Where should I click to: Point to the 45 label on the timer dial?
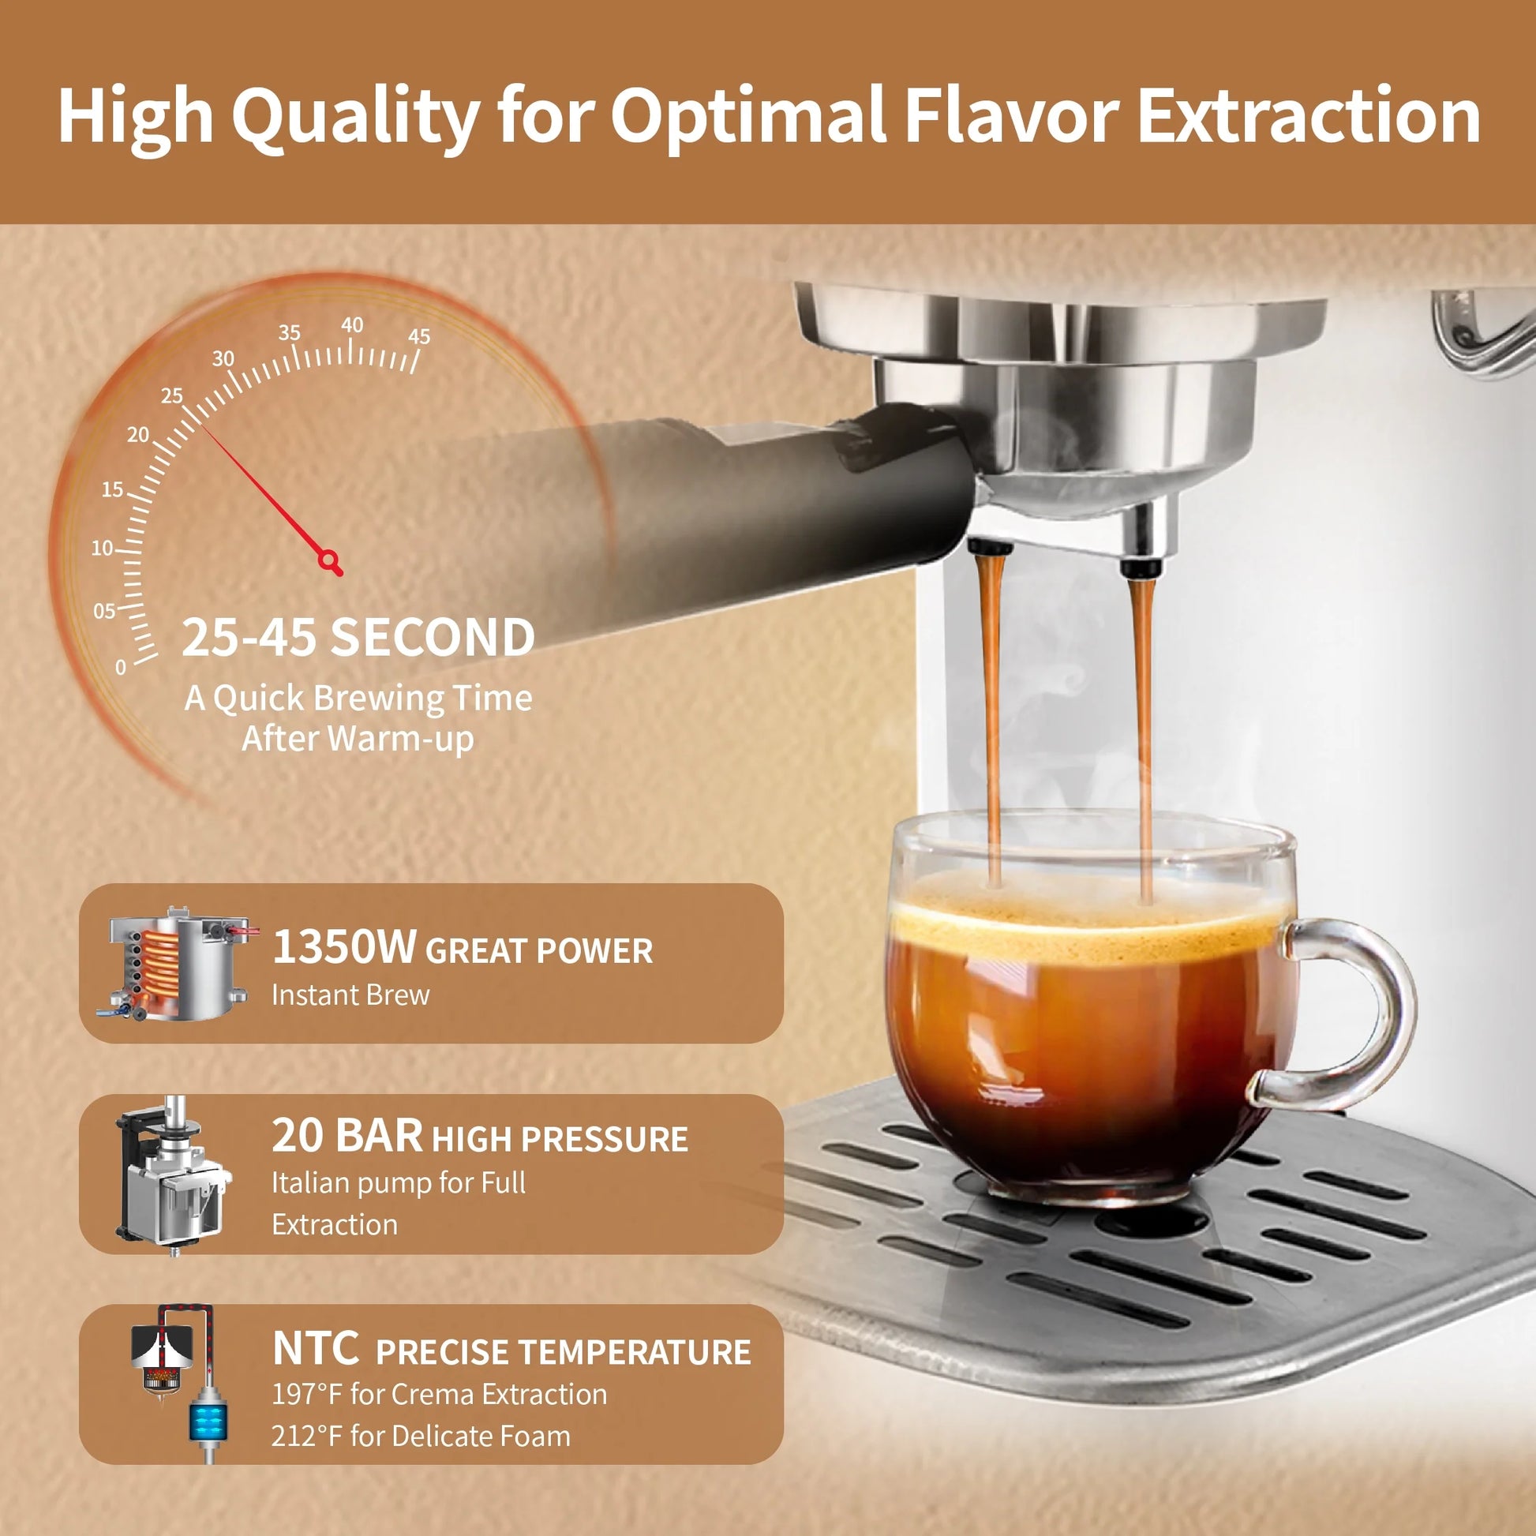(419, 336)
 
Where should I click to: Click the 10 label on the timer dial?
(103, 548)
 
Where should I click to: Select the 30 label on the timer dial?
(223, 358)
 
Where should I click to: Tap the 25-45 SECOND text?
(358, 638)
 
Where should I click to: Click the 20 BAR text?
(347, 1135)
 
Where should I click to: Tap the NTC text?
(315, 1348)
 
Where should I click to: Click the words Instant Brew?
(350, 995)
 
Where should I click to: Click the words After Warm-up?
(358, 739)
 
